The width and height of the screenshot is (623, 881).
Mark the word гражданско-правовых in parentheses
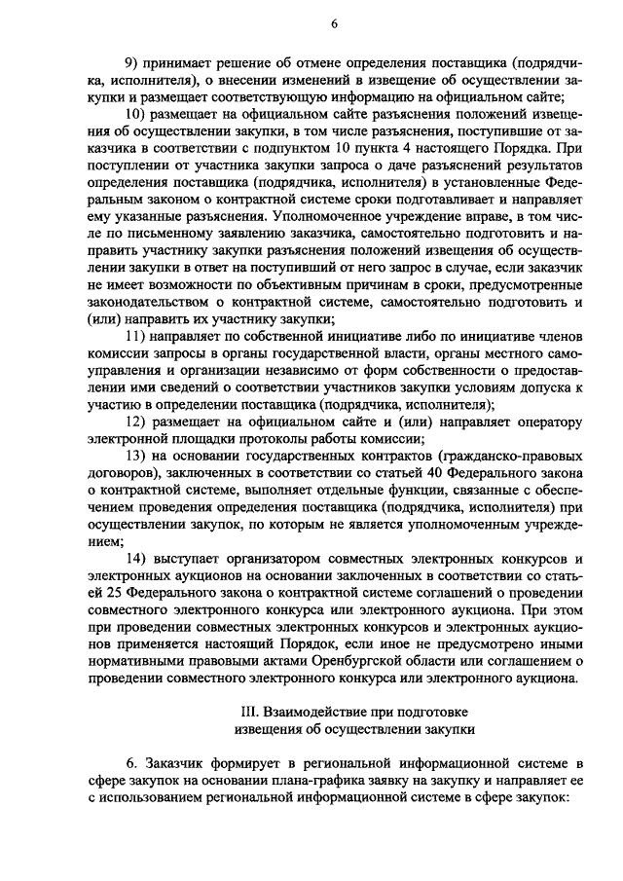tap(509, 456)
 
